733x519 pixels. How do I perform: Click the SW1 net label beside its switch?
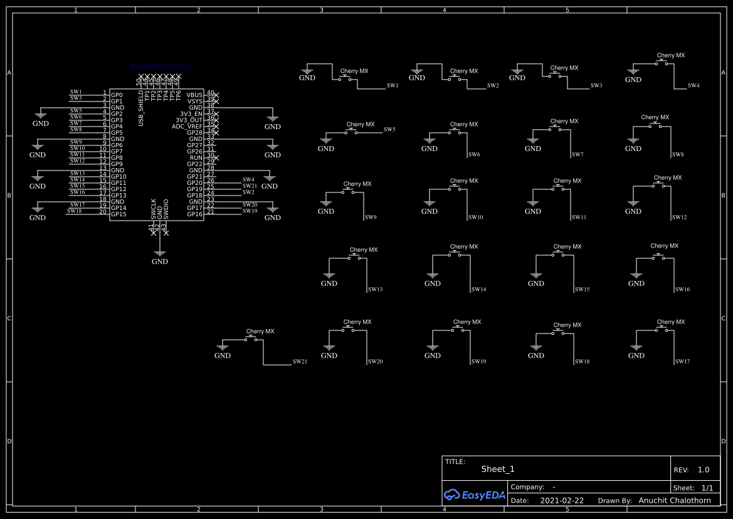tap(393, 85)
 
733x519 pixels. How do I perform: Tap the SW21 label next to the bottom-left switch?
tap(300, 362)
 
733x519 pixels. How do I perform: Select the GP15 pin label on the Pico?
tap(119, 214)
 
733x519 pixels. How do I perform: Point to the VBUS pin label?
tap(194, 95)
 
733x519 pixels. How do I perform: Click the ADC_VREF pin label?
tap(187, 126)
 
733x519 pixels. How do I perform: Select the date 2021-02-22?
tap(562, 501)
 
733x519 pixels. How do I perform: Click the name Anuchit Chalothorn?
tap(675, 501)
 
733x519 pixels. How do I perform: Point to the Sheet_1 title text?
tap(498, 469)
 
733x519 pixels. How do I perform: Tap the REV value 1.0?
tap(704, 469)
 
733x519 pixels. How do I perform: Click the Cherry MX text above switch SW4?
tap(670, 56)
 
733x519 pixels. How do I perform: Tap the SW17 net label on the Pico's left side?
tap(77, 205)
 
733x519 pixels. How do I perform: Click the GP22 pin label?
tap(194, 164)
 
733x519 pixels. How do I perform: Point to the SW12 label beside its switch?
tap(680, 218)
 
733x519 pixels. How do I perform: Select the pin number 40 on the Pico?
tap(211, 93)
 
